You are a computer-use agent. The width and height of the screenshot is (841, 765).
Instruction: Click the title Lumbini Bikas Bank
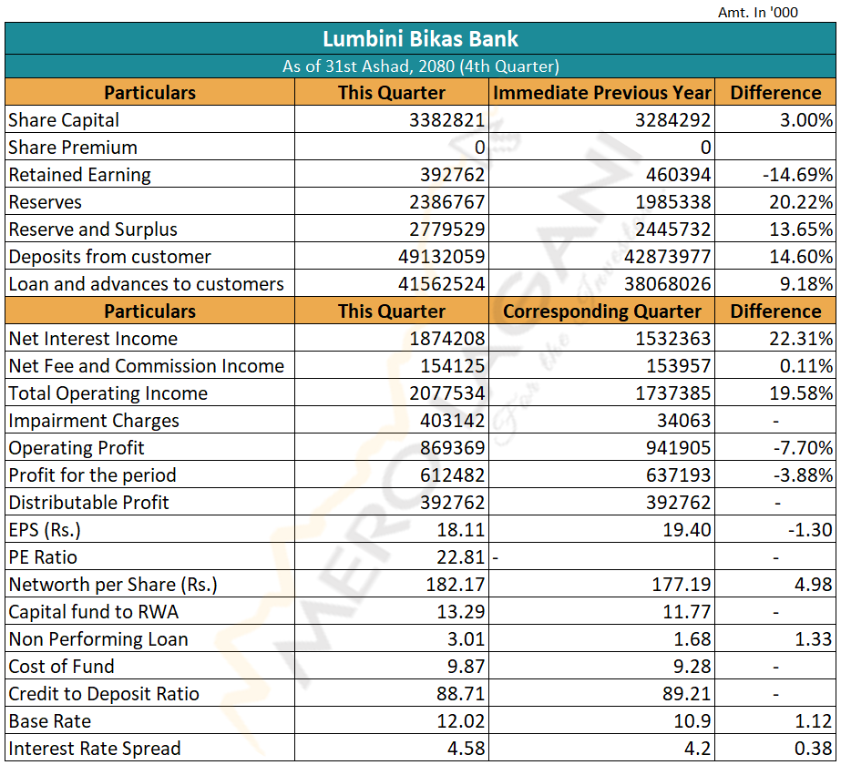tap(420, 39)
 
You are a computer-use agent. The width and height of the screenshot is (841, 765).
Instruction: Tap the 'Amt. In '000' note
tap(759, 12)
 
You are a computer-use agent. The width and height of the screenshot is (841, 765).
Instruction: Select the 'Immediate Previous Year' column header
tap(601, 93)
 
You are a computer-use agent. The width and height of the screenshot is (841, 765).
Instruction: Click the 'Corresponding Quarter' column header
tap(601, 311)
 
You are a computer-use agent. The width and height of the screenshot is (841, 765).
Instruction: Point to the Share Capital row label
tap(64, 120)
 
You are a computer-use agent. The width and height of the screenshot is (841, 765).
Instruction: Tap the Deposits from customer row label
tap(109, 257)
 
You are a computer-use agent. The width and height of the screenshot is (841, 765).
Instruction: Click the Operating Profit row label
tap(77, 448)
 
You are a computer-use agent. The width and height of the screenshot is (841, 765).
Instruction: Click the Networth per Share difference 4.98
tap(813, 585)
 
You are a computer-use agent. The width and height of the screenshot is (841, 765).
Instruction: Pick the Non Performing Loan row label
tap(98, 639)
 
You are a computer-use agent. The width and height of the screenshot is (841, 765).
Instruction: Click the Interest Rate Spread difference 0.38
tap(813, 749)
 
